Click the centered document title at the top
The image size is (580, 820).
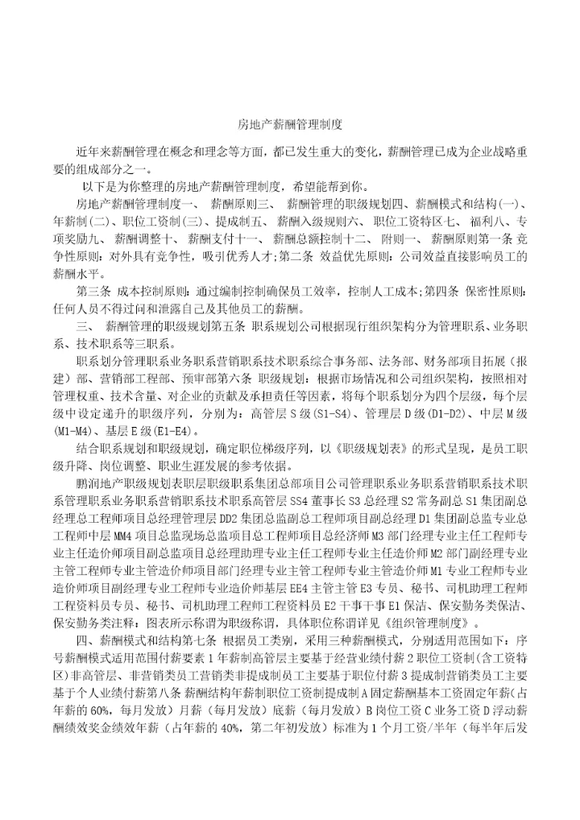click(x=290, y=125)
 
